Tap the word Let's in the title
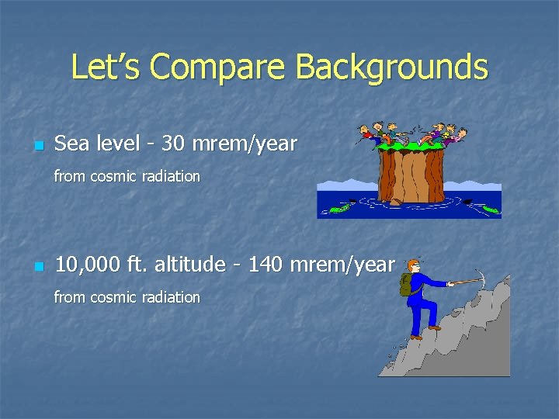[106, 68]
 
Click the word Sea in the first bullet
[71, 144]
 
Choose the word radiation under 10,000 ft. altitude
[171, 297]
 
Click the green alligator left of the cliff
[339, 207]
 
